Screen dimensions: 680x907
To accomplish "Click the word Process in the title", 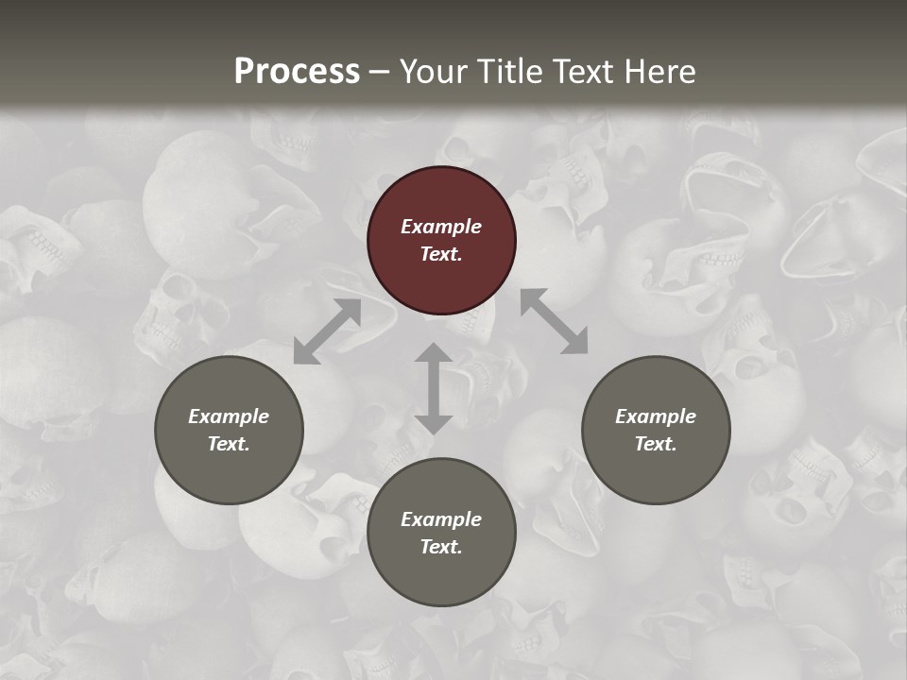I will click(297, 72).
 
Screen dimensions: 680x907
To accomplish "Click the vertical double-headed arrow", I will click(434, 388).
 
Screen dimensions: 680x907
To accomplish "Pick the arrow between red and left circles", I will click(327, 331).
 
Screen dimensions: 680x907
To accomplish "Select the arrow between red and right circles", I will click(554, 322).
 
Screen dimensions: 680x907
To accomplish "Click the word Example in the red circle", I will click(441, 227).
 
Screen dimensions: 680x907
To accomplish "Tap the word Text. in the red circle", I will click(441, 254).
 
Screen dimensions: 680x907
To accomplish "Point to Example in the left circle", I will click(229, 416).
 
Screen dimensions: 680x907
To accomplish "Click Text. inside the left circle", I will click(229, 444).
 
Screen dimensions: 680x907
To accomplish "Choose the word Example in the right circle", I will click(656, 416).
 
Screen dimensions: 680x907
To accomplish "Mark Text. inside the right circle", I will click(656, 444).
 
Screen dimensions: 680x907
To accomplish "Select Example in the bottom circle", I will click(441, 519).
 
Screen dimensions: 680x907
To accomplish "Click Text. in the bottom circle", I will click(441, 547).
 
